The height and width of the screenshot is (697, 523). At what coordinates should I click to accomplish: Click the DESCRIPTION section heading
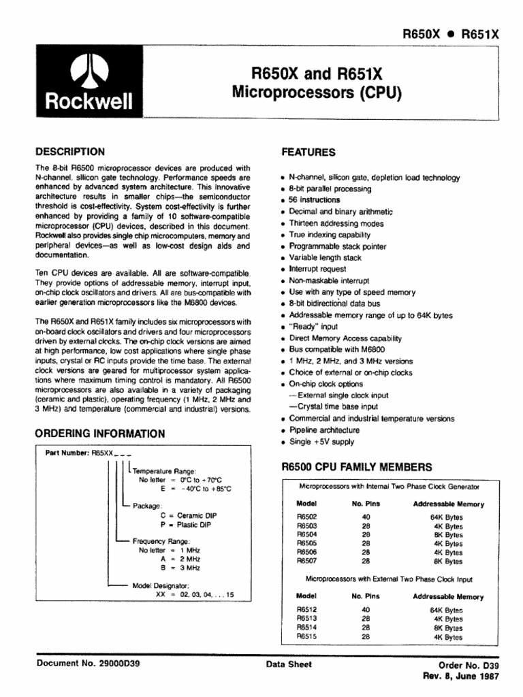click(69, 152)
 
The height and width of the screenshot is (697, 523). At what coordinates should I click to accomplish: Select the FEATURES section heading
click(308, 152)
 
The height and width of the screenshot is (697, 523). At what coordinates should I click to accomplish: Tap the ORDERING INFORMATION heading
click(99, 434)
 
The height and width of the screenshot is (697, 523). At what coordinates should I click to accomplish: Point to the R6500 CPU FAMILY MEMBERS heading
click(356, 467)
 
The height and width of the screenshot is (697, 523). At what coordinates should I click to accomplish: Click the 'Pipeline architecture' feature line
click(324, 430)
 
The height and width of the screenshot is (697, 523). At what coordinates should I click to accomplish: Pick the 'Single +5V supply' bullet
click(321, 442)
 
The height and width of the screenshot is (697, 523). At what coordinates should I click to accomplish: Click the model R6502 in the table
click(307, 517)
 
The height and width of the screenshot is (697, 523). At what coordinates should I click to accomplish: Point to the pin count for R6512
click(365, 610)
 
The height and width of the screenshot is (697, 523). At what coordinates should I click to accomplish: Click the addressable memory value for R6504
click(447, 535)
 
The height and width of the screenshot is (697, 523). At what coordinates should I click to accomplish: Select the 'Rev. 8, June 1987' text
click(461, 677)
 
